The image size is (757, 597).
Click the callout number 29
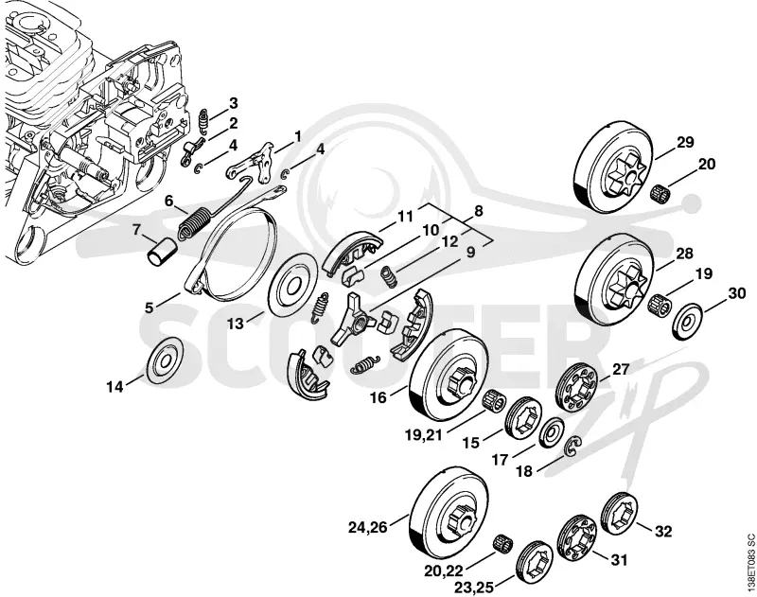coord(684,142)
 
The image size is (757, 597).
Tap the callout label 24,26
coord(368,528)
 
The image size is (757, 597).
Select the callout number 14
coord(114,387)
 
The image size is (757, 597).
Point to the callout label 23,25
coord(474,588)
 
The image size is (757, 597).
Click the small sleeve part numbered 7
coord(162,251)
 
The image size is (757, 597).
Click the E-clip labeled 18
coord(574,448)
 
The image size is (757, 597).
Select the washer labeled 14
coord(166,361)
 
